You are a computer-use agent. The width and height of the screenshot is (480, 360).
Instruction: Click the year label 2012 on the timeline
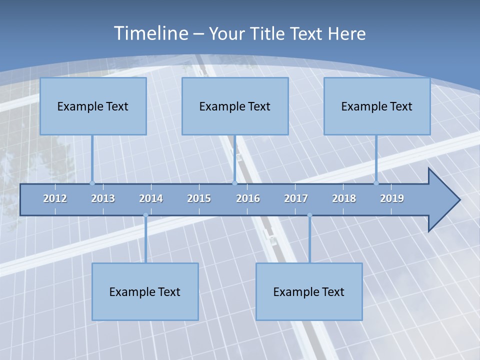pos(55,198)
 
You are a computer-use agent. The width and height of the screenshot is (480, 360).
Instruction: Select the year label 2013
pos(103,198)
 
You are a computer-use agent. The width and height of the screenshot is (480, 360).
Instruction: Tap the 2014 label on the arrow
pos(151,198)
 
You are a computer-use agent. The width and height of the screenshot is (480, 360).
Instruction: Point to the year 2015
pos(199,198)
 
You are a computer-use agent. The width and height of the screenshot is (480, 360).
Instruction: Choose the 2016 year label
pos(248,198)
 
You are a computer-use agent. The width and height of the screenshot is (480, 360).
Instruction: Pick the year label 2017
pos(296,198)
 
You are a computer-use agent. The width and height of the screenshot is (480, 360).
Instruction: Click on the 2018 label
pos(344,198)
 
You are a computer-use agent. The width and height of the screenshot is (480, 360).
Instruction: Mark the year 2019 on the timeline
pos(392,198)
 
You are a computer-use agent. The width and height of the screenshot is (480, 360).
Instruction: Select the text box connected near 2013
pos(93,106)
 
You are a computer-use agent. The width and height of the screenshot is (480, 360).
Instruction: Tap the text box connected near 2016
pos(235,106)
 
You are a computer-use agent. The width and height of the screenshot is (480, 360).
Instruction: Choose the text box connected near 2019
pos(377,106)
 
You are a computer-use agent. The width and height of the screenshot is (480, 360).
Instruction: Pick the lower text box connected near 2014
pos(145,291)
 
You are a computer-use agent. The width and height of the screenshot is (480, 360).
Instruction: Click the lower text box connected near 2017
pos(309,291)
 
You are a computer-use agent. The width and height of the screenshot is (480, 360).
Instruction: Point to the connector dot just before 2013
pos(92,183)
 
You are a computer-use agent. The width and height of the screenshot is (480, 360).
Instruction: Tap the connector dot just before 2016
pos(234,183)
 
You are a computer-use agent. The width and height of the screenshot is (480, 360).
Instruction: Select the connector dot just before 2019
pos(376,183)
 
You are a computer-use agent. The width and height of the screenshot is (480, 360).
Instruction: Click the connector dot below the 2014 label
pos(145,215)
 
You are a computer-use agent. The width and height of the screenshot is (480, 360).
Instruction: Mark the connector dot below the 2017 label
pos(309,215)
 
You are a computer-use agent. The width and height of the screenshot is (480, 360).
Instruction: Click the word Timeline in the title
pos(150,33)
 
